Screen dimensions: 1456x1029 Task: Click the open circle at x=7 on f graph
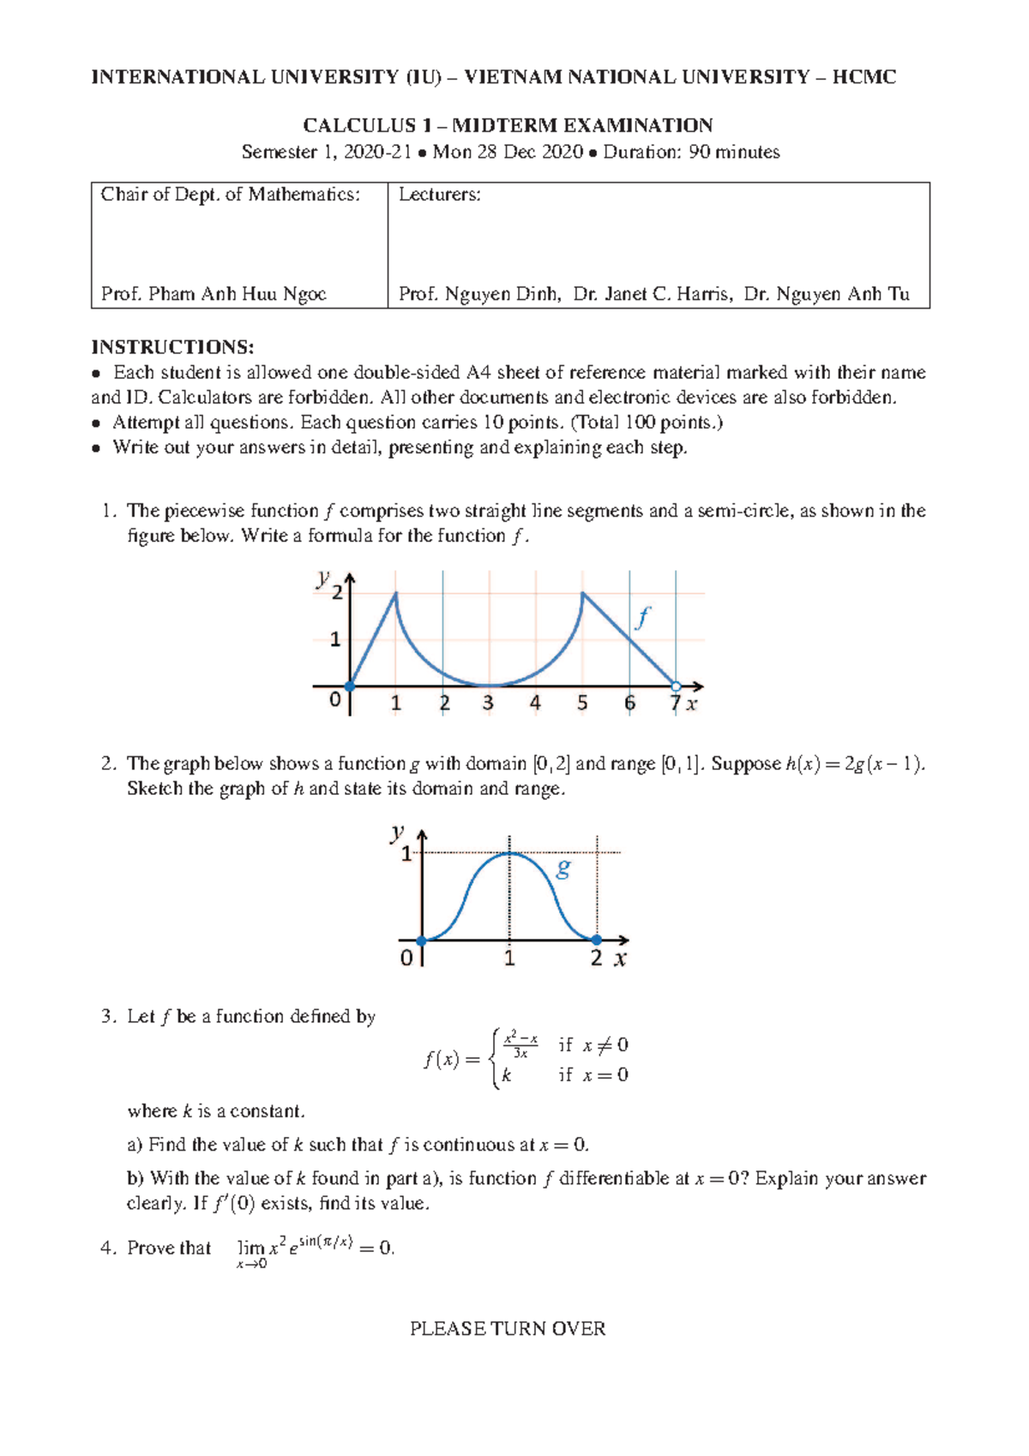[x=676, y=686]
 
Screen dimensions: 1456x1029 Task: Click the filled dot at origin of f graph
[x=349, y=686]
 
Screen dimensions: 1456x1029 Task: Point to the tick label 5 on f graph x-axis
[x=582, y=704]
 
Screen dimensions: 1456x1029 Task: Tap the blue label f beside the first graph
[x=641, y=617]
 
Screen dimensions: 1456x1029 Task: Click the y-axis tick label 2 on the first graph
[x=337, y=593]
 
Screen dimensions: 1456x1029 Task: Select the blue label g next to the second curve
[x=563, y=869]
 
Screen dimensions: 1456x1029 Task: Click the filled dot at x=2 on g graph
[x=597, y=940]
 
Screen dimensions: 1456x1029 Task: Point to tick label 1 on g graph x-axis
[x=509, y=959]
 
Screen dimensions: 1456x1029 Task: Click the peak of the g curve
[x=510, y=853]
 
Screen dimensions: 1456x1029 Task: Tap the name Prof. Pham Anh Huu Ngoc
[x=214, y=294]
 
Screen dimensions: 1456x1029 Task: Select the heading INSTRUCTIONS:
[x=172, y=347]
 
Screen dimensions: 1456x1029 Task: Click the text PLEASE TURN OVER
[x=508, y=1329]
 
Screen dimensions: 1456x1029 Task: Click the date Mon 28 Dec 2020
[x=508, y=153]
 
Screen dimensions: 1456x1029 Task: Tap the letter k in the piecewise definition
[x=507, y=1075]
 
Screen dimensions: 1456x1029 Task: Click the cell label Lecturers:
[x=440, y=195]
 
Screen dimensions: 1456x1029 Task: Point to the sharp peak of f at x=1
[x=396, y=593]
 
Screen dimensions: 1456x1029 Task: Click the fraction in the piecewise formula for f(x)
[x=521, y=1045]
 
